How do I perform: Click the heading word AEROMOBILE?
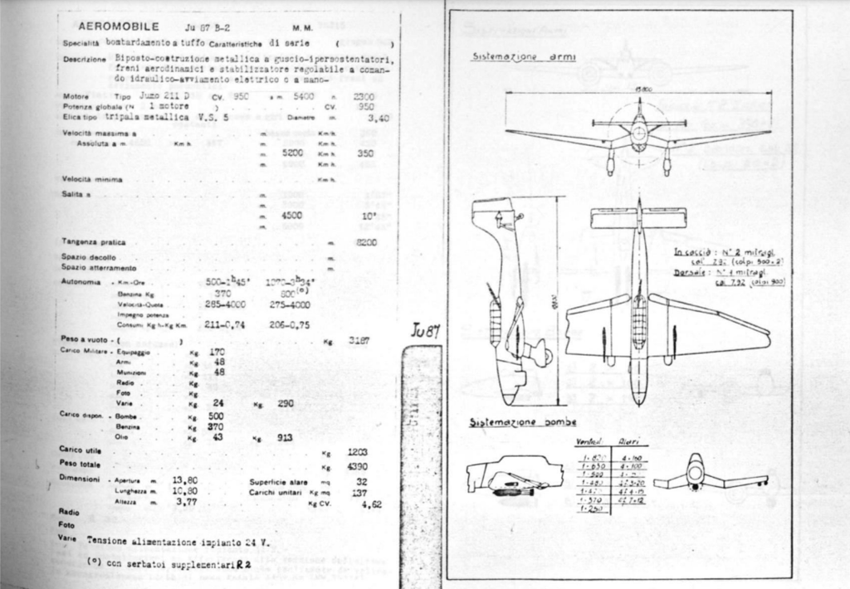point(113,27)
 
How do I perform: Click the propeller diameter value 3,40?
point(378,118)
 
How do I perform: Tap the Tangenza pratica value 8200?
point(365,242)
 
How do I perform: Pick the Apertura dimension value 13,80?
point(184,480)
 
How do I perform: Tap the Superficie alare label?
point(274,481)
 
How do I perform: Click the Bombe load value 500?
point(215,415)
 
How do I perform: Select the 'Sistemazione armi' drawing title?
point(515,59)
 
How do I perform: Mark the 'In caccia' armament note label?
point(690,250)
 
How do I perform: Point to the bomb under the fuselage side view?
point(503,492)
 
